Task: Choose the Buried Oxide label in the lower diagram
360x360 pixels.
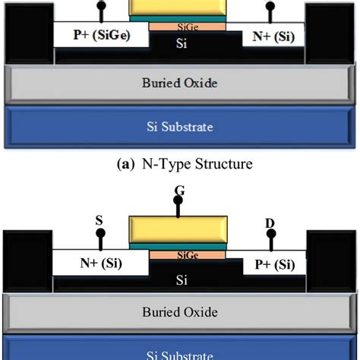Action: (x=179, y=311)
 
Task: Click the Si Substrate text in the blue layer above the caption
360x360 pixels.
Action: (x=179, y=126)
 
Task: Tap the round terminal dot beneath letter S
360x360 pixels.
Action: (x=99, y=235)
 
